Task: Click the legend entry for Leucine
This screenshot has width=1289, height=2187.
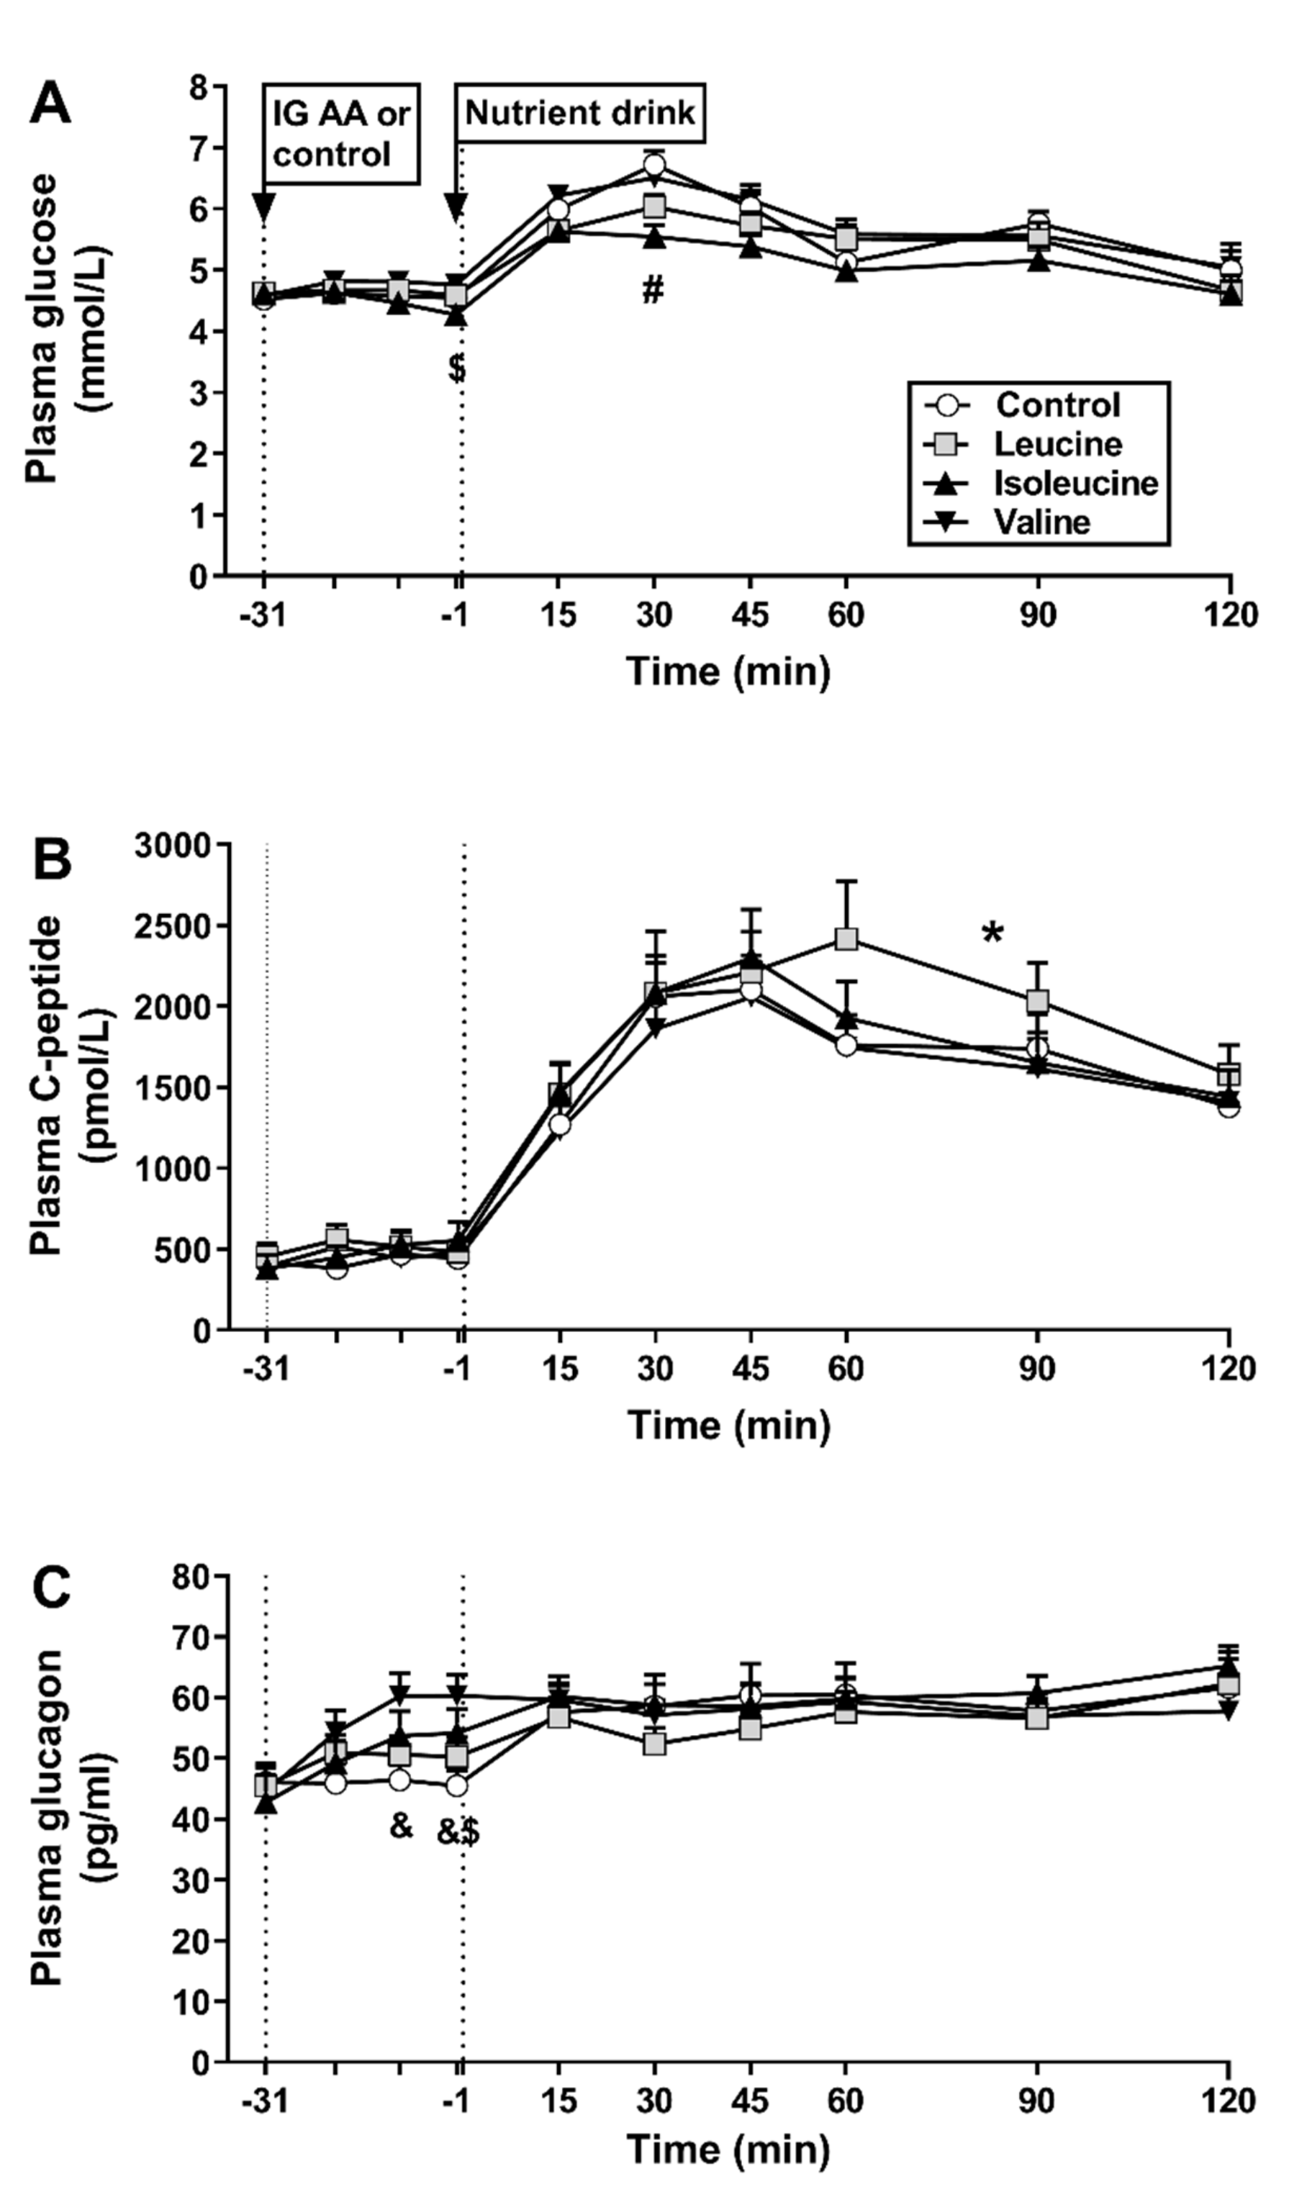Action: pyautogui.click(x=1057, y=444)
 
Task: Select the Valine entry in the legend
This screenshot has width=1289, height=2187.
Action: pyautogui.click(x=1041, y=522)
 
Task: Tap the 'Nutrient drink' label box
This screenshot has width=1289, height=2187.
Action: pyautogui.click(x=580, y=113)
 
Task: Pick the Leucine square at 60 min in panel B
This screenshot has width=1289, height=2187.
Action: pyautogui.click(x=846, y=939)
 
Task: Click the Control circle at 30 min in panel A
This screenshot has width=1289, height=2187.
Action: pyautogui.click(x=654, y=165)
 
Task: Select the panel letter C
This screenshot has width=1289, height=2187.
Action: pyautogui.click(x=51, y=1590)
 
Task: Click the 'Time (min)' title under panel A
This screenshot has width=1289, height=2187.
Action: pyautogui.click(x=728, y=672)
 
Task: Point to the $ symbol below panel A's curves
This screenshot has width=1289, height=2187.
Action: pyautogui.click(x=457, y=368)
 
